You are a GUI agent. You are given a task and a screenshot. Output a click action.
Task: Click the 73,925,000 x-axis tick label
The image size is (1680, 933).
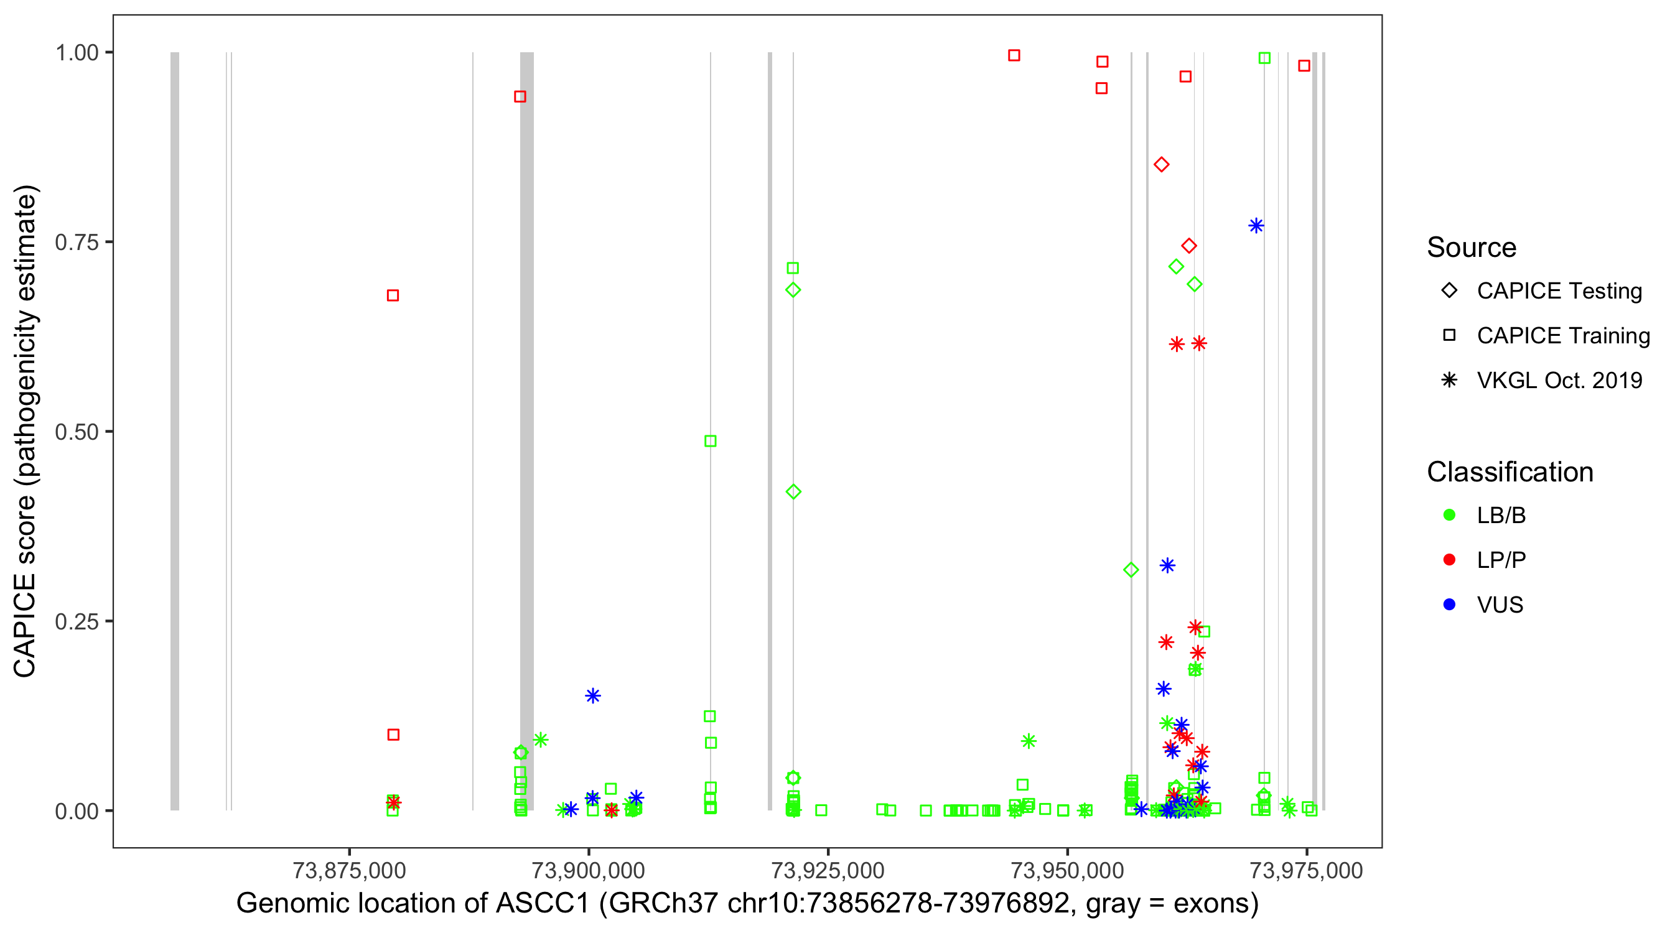pos(828,871)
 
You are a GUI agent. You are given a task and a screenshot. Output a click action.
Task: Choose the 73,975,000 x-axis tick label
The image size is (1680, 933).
pos(1305,871)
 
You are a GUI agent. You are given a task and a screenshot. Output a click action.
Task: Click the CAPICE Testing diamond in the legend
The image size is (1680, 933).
pos(1449,291)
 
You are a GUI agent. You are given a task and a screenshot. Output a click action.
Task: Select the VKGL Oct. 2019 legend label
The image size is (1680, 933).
pos(1559,381)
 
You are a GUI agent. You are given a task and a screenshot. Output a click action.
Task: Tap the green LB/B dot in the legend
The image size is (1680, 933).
pos(1449,516)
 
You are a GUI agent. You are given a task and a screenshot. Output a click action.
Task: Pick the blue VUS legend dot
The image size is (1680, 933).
pos(1449,605)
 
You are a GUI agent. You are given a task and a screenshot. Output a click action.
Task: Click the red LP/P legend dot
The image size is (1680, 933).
pos(1449,560)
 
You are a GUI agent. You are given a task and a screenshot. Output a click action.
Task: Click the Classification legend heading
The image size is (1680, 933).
pos(1510,472)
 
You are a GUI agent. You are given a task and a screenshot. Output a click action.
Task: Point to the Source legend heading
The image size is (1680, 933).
pos(1472,248)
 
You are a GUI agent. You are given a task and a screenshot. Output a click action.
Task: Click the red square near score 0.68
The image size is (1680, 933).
pos(393,296)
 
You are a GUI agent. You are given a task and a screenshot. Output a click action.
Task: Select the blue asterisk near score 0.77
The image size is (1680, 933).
pos(1256,226)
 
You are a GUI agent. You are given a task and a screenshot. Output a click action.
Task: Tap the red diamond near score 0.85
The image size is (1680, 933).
pos(1161,165)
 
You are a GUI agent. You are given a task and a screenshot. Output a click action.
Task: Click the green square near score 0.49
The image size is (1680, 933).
pos(710,442)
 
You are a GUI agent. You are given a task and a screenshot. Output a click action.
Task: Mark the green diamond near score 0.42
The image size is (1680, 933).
pos(793,492)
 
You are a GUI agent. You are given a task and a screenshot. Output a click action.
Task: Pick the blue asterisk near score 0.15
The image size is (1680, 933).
pos(592,696)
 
